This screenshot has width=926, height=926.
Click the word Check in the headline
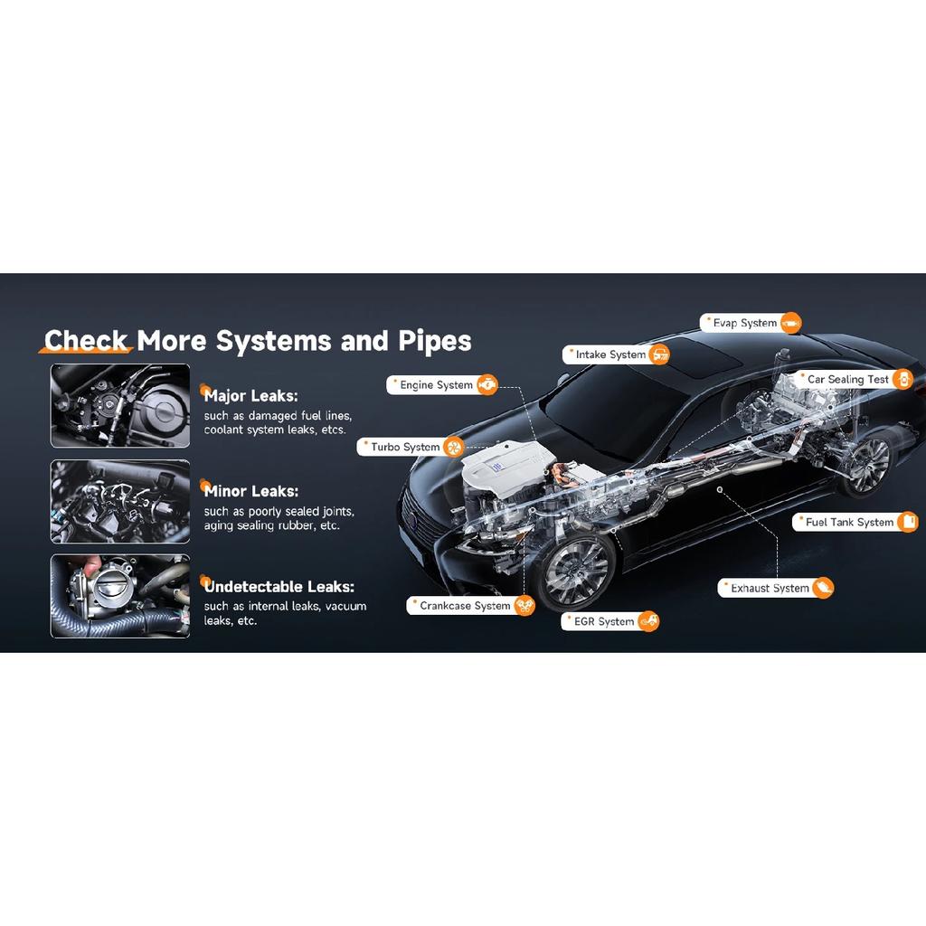(86, 341)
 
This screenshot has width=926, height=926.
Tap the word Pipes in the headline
(435, 341)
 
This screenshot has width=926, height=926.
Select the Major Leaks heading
(251, 396)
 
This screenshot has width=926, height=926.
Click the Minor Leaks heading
(251, 491)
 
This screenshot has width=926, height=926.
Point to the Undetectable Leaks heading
(279, 586)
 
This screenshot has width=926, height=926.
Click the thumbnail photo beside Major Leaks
(120, 406)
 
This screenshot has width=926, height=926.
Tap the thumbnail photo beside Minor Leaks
(120, 501)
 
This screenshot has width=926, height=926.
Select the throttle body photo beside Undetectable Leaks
(120, 596)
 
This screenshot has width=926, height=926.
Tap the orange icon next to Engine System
(487, 385)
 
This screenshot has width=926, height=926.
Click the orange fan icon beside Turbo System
(454, 447)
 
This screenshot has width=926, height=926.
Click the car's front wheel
(577, 572)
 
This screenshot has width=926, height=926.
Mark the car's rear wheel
(867, 465)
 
